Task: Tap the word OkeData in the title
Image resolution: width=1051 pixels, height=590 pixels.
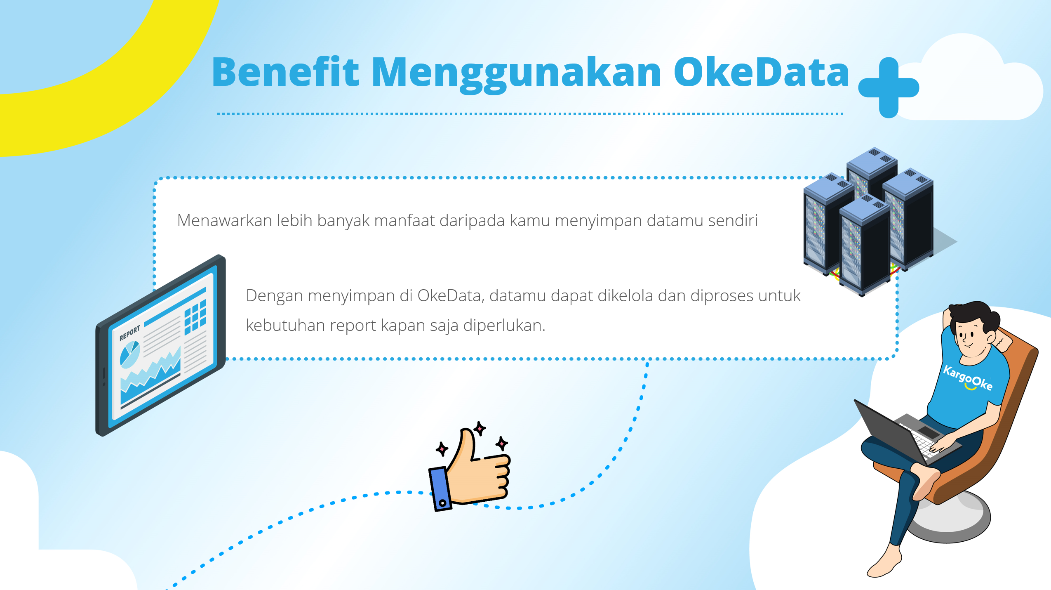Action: (x=761, y=72)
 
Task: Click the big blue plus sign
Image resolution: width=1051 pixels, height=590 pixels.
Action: (x=889, y=87)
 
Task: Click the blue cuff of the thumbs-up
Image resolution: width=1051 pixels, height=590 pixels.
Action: (x=440, y=489)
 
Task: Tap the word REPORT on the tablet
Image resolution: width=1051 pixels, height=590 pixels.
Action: (x=129, y=333)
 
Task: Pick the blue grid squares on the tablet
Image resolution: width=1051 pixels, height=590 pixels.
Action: (x=195, y=316)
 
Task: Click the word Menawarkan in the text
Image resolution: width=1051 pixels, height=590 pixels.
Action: (x=225, y=221)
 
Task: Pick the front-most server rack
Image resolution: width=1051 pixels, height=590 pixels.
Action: (x=864, y=248)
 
